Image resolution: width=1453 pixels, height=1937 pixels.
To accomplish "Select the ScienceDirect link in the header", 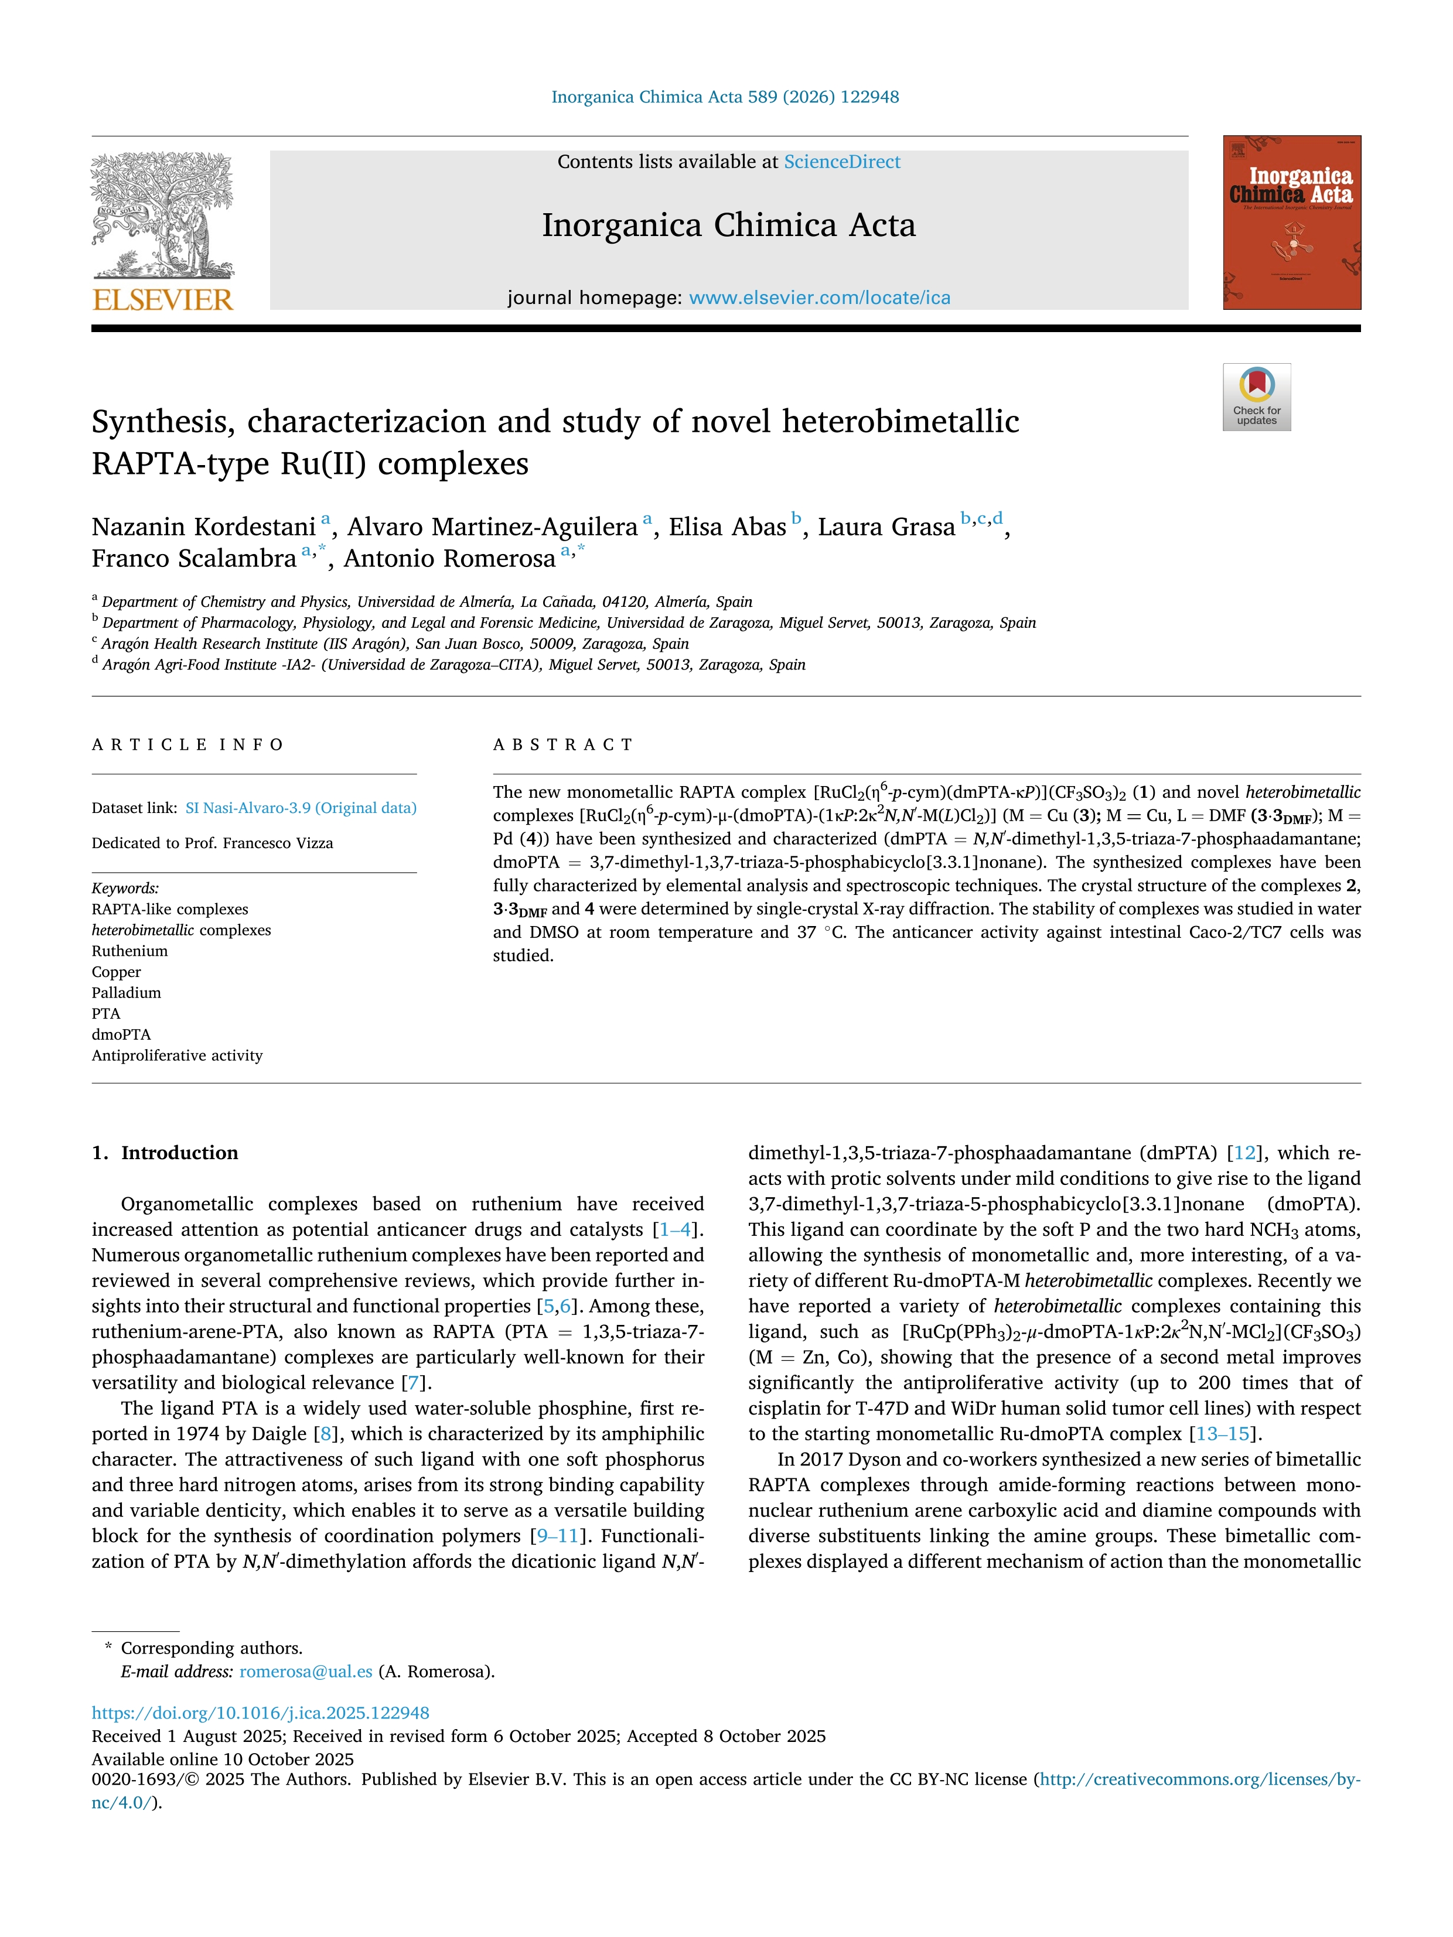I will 842,162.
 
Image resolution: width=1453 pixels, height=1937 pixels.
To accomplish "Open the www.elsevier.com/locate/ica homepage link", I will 819,298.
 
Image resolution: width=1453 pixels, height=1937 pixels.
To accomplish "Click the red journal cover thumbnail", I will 1292,223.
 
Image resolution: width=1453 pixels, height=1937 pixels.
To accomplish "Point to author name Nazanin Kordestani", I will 203,527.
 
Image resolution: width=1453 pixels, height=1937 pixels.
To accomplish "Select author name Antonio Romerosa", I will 449,559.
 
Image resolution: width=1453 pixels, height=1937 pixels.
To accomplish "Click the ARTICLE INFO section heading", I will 187,745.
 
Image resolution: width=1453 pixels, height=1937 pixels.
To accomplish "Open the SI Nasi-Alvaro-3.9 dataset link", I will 301,808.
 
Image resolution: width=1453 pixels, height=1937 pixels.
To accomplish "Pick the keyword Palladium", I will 126,993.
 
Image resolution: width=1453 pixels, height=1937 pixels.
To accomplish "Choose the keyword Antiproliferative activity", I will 177,1056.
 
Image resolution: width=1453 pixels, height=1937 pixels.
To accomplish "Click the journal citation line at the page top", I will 725,97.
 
